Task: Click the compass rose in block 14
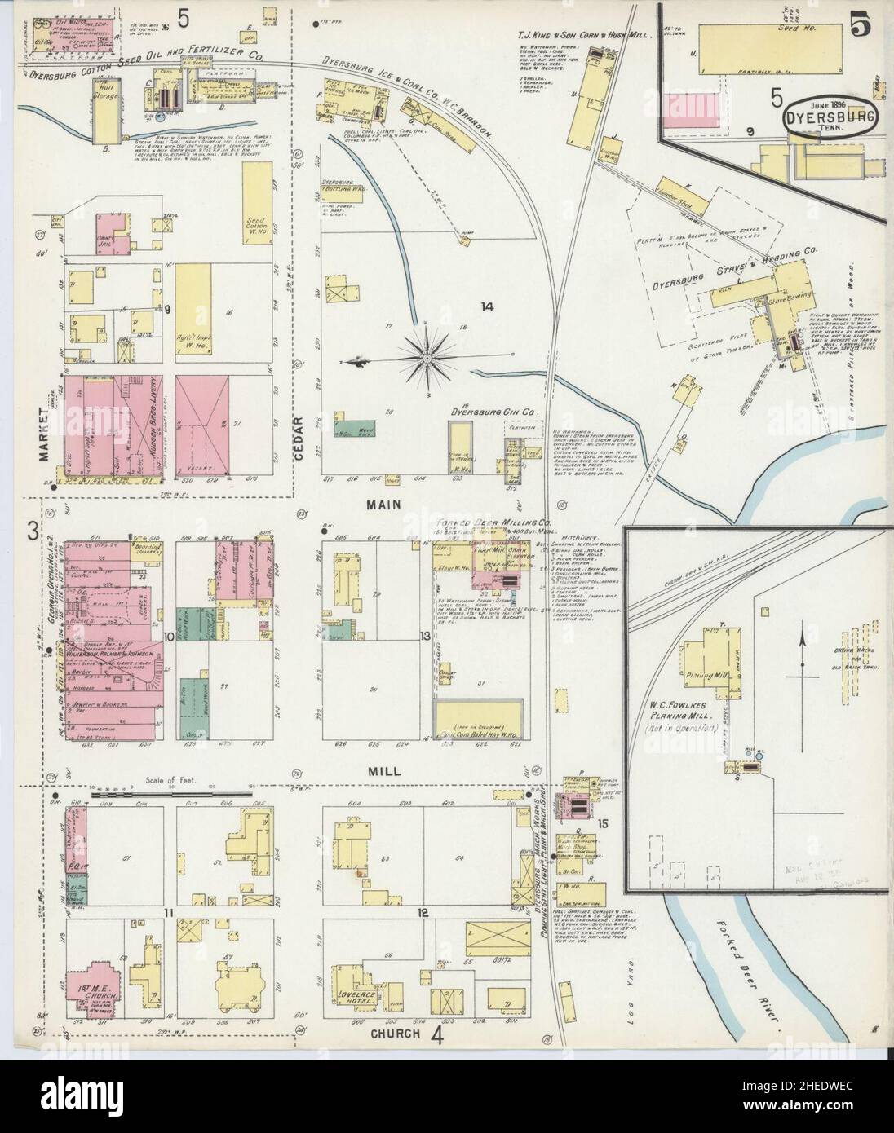pyautogui.click(x=428, y=356)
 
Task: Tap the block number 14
pyautogui.click(x=488, y=307)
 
